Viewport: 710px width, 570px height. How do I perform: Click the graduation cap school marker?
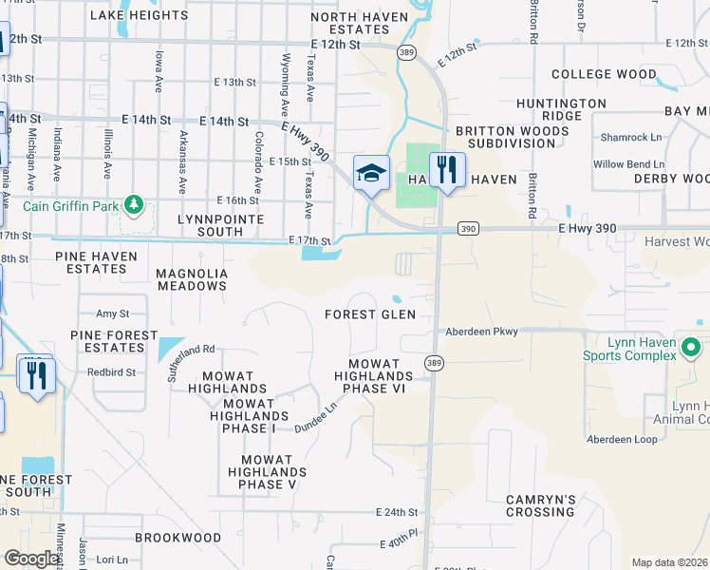(x=372, y=173)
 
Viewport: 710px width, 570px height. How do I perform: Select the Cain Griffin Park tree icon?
(x=134, y=203)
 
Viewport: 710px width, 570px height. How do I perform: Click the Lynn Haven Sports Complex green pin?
(x=691, y=349)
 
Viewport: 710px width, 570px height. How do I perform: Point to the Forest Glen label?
(x=370, y=314)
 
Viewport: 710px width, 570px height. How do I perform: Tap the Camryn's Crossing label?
(x=540, y=505)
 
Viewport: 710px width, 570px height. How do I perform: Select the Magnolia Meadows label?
(x=192, y=279)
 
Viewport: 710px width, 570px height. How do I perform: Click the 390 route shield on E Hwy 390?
(x=467, y=229)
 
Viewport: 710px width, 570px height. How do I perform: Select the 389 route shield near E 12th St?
(x=407, y=52)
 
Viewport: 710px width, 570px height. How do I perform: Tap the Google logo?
(x=32, y=559)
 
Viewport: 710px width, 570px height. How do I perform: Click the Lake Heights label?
(x=139, y=15)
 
